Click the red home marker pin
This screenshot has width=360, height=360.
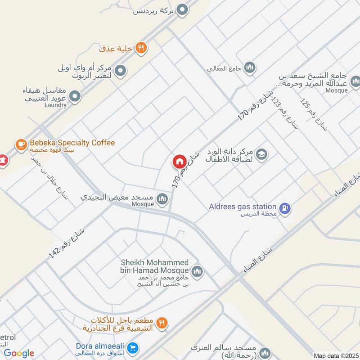tap(179, 162)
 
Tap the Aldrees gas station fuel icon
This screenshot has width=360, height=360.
tap(284, 208)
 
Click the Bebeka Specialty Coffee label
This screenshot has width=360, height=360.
tap(72, 143)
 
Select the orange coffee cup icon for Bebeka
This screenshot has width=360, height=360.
tap(21, 144)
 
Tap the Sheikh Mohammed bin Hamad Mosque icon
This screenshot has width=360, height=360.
tap(197, 271)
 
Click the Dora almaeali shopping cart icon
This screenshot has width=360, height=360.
tap(132, 348)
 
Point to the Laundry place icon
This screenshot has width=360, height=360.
tap(76, 96)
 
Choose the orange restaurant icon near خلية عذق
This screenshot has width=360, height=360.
tap(141, 48)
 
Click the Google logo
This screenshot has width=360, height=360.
tap(19, 353)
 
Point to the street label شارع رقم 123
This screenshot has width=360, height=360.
tap(288, 112)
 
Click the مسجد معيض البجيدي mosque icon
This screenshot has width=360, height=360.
tap(162, 198)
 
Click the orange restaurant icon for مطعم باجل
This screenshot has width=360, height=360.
tap(163, 323)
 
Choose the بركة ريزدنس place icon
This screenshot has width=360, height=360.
tap(182, 9)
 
